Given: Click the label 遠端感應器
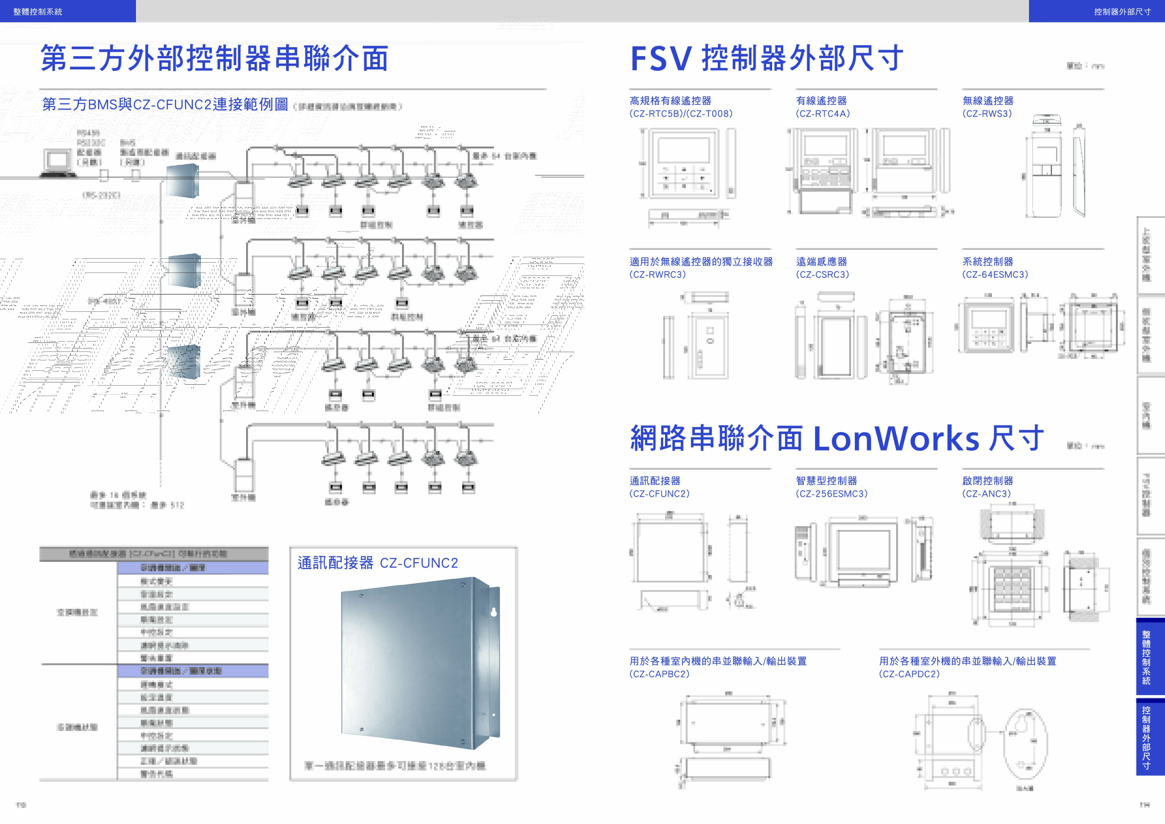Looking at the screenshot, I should (821, 262).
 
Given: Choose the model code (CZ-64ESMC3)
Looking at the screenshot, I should (995, 275).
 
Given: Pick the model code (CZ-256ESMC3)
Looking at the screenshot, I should (832, 494).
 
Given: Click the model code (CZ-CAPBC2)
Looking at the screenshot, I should (659, 674).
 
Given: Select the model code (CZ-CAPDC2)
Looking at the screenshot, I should (909, 674).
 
